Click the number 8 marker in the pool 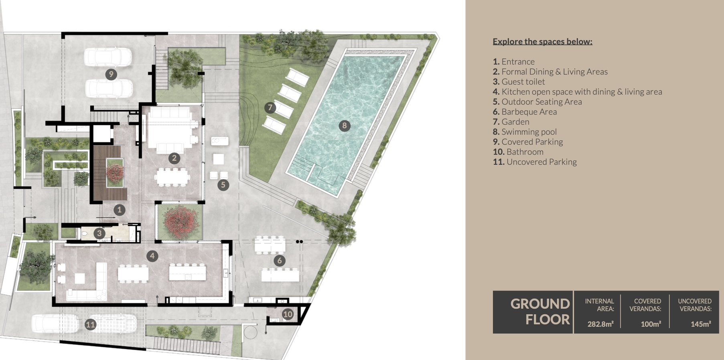pos(344,126)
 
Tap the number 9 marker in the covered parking pos(111,74)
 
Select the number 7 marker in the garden pos(270,107)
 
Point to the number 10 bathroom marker pos(288,314)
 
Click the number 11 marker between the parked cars pos(90,324)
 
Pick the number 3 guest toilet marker pos(99,233)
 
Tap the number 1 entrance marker pos(119,210)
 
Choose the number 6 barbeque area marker pos(280,261)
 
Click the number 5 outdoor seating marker pos(223,185)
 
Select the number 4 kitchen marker pos(152,256)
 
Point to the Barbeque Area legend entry pos(525,112)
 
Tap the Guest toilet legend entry pos(519,82)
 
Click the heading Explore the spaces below pos(542,42)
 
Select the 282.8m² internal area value pos(600,324)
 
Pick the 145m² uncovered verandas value pos(701,324)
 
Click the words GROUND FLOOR pos(540,311)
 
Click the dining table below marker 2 pos(173,177)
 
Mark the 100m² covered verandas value pos(651,324)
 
